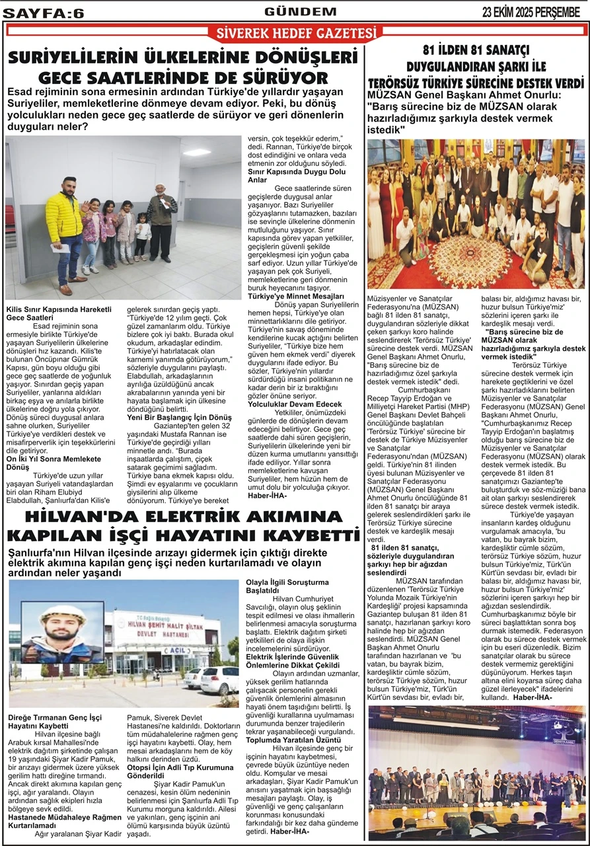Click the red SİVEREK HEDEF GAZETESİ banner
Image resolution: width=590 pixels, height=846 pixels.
(x=295, y=33)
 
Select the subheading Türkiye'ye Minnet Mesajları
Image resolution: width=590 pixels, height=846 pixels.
(x=296, y=296)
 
